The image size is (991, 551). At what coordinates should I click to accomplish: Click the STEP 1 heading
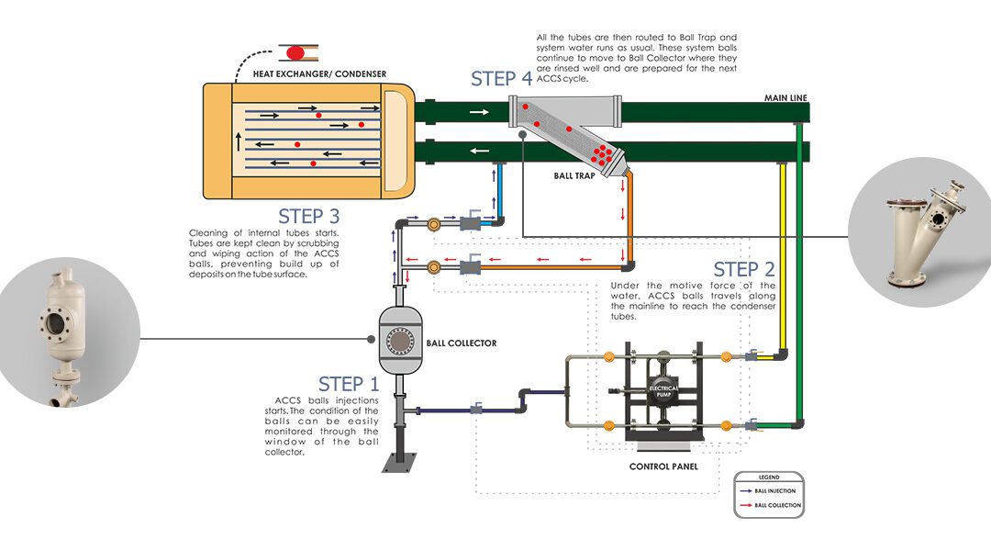click(x=348, y=384)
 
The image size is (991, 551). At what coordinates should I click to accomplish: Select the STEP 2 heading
click(x=743, y=269)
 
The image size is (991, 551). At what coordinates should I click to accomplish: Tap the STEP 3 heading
click(x=308, y=216)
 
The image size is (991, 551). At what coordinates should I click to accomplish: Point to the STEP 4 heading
click(x=501, y=78)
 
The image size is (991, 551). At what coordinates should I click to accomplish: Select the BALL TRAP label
click(x=575, y=174)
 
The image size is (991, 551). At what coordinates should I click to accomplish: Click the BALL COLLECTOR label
click(x=462, y=343)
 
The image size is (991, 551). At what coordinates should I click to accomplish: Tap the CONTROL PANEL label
click(x=663, y=467)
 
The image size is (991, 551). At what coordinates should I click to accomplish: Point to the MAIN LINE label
click(x=786, y=97)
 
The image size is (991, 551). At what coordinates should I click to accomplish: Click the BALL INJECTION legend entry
click(x=776, y=491)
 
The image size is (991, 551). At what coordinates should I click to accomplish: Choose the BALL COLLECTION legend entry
click(x=777, y=505)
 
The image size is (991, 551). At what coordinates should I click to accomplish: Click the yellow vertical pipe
click(x=783, y=257)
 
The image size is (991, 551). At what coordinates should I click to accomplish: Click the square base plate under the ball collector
click(x=400, y=465)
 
